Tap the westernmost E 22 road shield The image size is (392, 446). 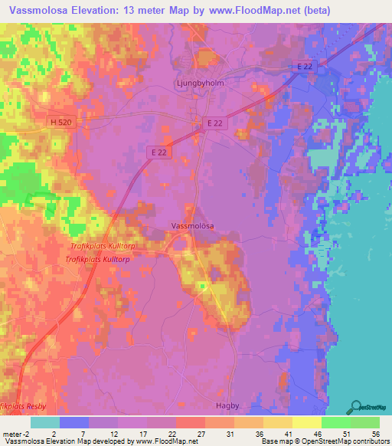(x=158, y=152)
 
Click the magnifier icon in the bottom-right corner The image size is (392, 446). (x=356, y=407)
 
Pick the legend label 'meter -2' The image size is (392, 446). (x=15, y=434)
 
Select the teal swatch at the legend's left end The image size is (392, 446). (x=44, y=422)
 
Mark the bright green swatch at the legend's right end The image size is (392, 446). (x=365, y=422)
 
